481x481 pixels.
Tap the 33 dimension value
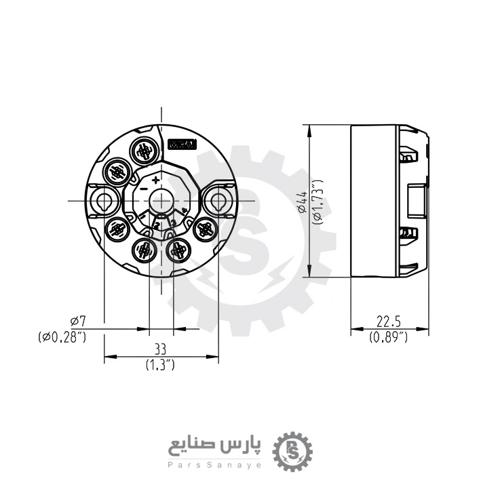click(x=160, y=349)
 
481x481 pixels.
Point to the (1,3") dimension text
click(x=160, y=365)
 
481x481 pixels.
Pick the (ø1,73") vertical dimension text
click(x=315, y=201)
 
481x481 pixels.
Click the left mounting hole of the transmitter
click(x=104, y=201)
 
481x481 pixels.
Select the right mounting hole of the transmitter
click(x=218, y=201)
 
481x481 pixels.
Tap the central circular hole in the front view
click(x=161, y=201)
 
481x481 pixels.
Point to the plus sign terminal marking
click(x=156, y=180)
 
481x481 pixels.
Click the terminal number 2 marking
click(x=157, y=225)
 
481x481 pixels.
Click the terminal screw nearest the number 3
click(x=178, y=251)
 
